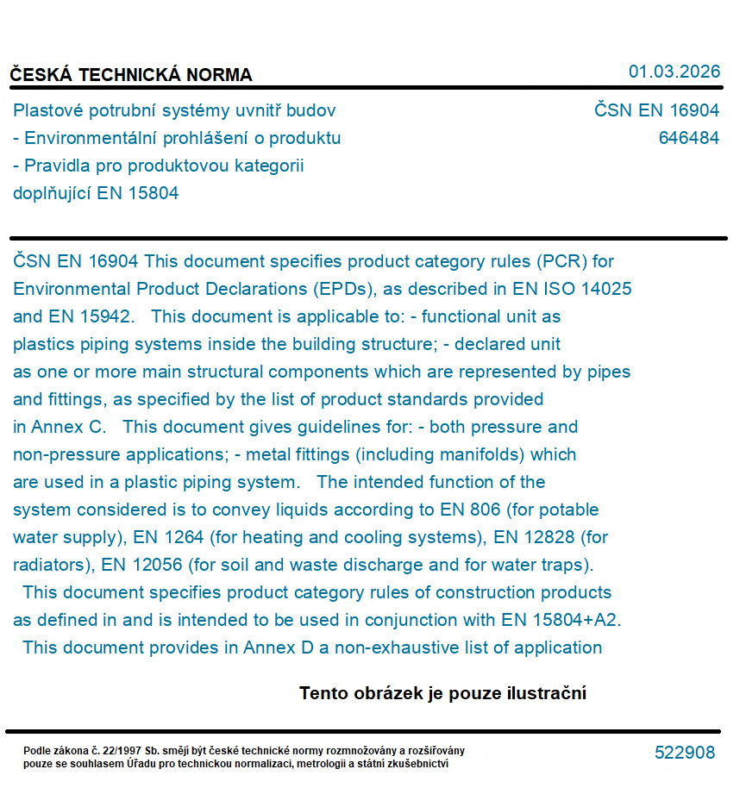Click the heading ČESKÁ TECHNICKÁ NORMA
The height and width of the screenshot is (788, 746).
click(x=131, y=75)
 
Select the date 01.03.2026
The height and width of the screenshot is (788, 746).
click(x=674, y=72)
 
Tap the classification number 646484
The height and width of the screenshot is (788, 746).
click(x=688, y=138)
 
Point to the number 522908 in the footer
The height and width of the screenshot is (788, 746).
click(x=685, y=753)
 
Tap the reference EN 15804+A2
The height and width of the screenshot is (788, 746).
click(x=561, y=620)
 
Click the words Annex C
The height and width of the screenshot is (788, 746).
click(x=69, y=427)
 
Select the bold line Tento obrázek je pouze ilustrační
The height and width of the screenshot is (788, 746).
click(x=442, y=693)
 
